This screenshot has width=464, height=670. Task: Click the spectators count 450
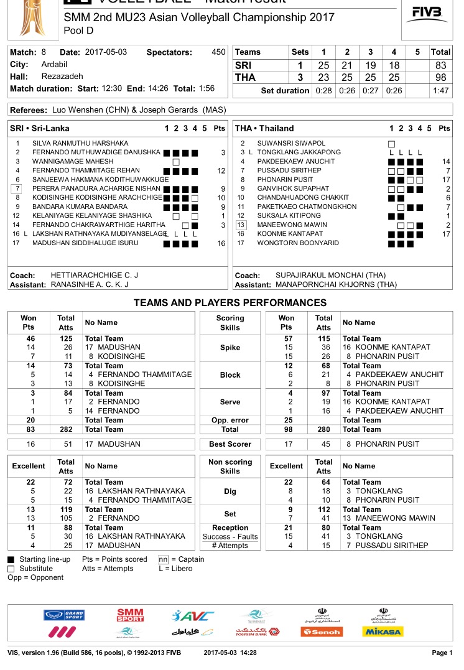218,52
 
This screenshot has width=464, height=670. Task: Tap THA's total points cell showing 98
440,78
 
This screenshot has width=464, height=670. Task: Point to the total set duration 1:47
440,91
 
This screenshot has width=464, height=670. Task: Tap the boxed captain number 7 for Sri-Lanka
18,188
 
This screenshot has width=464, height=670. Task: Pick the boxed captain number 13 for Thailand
241,225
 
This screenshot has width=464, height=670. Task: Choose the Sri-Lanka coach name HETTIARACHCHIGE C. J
95,275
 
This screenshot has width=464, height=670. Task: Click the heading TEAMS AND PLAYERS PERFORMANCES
230,303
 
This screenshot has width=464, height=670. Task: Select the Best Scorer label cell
230,444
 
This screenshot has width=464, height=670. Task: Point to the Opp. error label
230,420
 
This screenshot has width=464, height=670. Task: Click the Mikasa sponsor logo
383,631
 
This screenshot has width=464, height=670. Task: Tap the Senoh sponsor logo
321,631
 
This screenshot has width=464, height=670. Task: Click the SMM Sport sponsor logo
130,615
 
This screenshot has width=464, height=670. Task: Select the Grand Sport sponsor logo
64,615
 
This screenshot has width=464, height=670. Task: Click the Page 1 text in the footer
442,653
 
